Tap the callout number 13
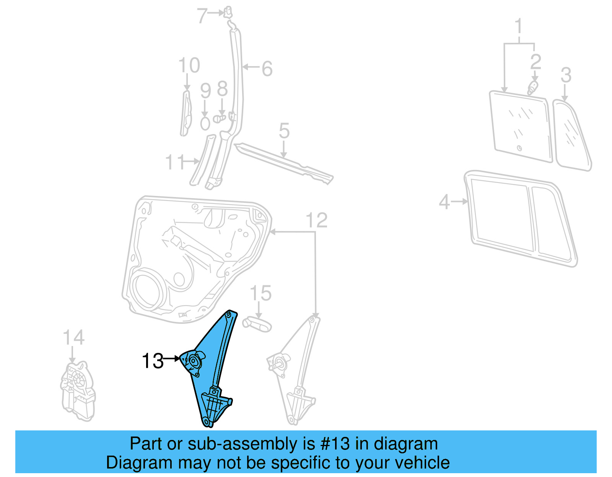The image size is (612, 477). [x=153, y=361]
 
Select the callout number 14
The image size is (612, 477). [x=73, y=338]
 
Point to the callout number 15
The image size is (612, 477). [x=260, y=293]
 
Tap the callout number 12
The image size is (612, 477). [x=317, y=220]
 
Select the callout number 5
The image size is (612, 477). [x=284, y=131]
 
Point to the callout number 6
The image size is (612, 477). [x=267, y=69]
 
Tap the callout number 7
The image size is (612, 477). [x=202, y=16]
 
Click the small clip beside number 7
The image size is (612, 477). [x=228, y=13]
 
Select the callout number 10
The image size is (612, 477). [x=189, y=65]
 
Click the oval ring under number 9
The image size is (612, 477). [x=205, y=124]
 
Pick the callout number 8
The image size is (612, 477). [x=222, y=89]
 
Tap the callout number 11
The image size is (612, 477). [x=174, y=162]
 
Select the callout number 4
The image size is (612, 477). [x=444, y=201]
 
